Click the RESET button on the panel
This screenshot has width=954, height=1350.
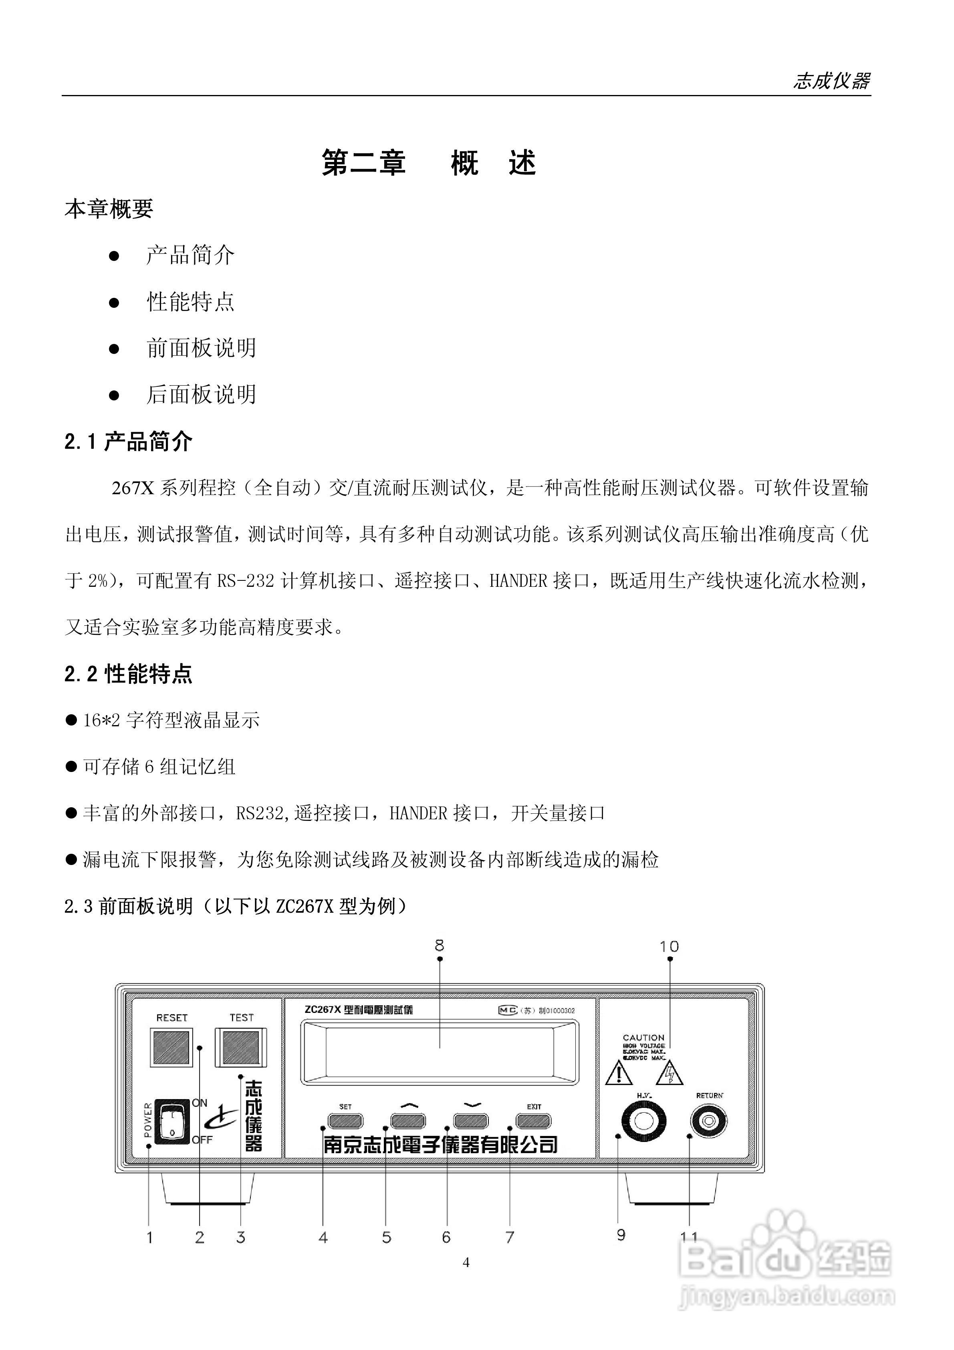(171, 1047)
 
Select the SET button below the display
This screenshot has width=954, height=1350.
(345, 1121)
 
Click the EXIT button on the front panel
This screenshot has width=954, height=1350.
(533, 1121)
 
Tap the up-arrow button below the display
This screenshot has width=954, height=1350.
(408, 1121)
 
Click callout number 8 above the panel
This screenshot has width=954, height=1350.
(439, 946)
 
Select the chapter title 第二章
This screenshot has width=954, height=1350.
(364, 163)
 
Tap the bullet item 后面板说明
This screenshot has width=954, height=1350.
(201, 394)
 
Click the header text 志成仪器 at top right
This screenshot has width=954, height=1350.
(831, 81)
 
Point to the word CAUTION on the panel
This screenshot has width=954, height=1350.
(643, 1037)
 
